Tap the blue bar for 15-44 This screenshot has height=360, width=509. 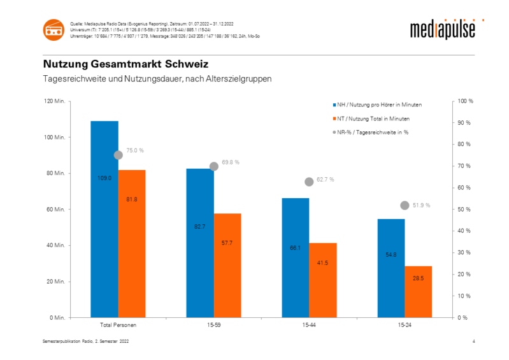[295, 257]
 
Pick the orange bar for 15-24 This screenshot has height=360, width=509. [419, 291]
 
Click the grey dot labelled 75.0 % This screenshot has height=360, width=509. [118, 155]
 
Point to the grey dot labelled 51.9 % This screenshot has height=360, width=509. [405, 205]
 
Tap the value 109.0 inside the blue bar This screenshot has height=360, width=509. [104, 178]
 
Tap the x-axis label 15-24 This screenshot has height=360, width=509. [405, 325]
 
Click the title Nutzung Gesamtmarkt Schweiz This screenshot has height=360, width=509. [125, 64]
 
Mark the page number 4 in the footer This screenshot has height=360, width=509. [474, 343]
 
